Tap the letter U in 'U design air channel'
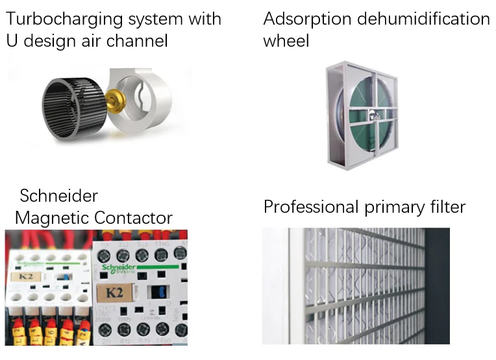click(12, 41)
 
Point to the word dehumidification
click(427, 19)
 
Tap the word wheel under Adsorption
click(286, 41)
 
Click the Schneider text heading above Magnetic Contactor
click(58, 195)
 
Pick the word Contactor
click(133, 217)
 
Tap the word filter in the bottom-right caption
click(445, 207)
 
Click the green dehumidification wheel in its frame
click(364, 117)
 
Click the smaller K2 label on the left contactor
click(27, 276)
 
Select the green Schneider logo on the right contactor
click(118, 268)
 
